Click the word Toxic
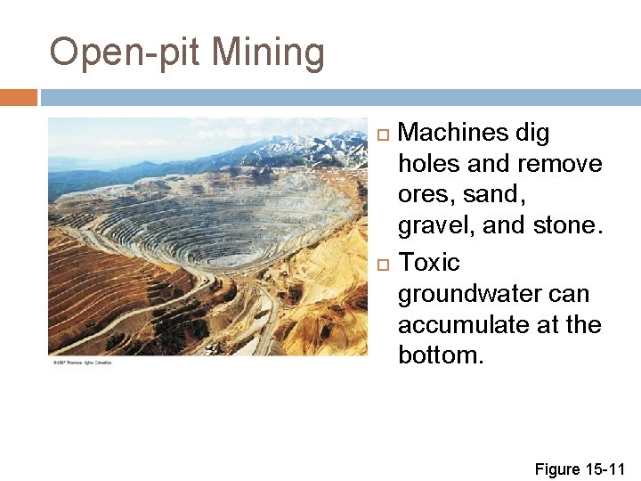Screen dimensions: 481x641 click(429, 264)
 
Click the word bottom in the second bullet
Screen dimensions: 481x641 click(441, 355)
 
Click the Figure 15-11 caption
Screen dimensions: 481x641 click(580, 469)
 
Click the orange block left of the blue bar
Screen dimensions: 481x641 click(18, 97)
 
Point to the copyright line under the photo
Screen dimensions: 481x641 click(82, 363)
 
